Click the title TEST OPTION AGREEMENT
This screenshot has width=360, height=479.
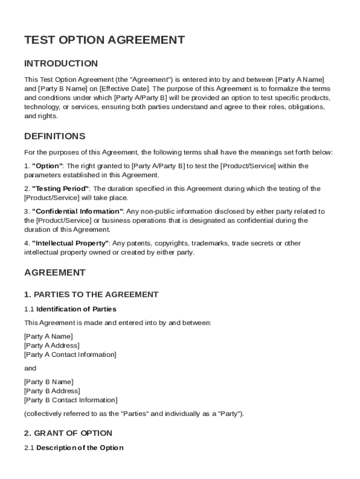[104, 40]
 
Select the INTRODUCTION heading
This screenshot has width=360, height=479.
[61, 63]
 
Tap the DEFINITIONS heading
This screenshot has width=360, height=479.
[55, 136]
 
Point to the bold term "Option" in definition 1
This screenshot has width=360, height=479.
[47, 166]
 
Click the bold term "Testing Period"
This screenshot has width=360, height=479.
[61, 189]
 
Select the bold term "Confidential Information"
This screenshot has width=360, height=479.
[78, 211]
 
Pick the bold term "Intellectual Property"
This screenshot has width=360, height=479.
[71, 243]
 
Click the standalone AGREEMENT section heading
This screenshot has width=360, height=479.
[55, 272]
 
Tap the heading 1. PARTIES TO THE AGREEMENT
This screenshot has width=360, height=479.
[91, 294]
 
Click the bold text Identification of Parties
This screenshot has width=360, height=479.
[76, 309]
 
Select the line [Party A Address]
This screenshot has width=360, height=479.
[51, 345]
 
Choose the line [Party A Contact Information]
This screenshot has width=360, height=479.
[70, 355]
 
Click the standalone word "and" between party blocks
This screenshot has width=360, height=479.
[30, 368]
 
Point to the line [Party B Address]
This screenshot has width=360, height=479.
[52, 391]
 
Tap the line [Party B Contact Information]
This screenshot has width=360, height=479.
[71, 400]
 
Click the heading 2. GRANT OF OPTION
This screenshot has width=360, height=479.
[68, 433]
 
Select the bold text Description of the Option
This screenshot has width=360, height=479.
[80, 448]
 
